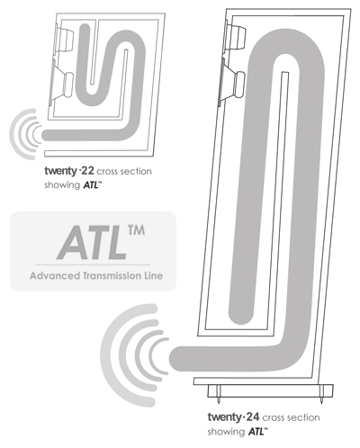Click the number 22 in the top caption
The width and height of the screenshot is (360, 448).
87,171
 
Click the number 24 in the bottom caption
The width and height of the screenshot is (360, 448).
253,417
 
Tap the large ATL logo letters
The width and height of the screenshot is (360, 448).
92,243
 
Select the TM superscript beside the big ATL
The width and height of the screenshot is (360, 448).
136,230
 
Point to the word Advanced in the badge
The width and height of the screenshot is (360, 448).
55,275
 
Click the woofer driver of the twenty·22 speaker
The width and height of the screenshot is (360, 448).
62,84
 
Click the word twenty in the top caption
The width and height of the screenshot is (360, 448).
61,171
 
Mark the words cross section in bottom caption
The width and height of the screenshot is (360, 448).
291,417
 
